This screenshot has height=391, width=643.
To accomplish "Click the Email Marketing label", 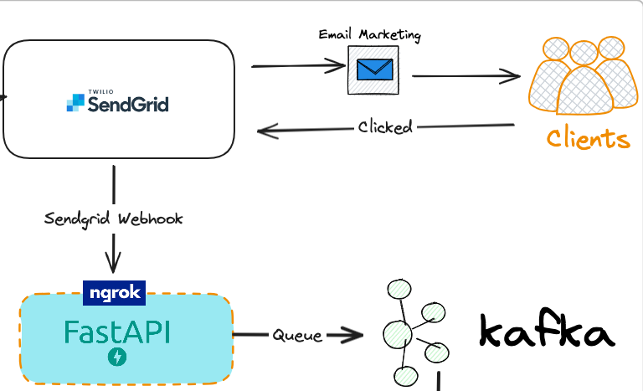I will tap(369, 35).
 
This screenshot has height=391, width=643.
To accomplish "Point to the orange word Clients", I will tap(587, 137).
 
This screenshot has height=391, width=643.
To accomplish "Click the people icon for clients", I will tap(578, 78).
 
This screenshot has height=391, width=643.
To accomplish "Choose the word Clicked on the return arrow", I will tap(385, 127).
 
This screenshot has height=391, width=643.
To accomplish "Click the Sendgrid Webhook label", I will tap(113, 219).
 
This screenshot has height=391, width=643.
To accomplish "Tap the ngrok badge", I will tap(115, 292).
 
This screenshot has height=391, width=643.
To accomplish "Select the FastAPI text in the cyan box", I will tap(117, 332).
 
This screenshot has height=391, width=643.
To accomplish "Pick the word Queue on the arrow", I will tap(296, 335).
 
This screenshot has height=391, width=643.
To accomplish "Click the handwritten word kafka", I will tap(546, 332).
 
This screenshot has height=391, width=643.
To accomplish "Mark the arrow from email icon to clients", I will tap(466, 76).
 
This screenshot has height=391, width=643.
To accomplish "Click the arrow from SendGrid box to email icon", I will tap(298, 66).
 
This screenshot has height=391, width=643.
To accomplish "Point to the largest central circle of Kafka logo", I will tap(397, 335).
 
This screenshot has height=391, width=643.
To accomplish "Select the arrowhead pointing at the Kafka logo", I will tap(356, 336).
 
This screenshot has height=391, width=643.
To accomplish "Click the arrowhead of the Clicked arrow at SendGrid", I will tap(265, 131).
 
